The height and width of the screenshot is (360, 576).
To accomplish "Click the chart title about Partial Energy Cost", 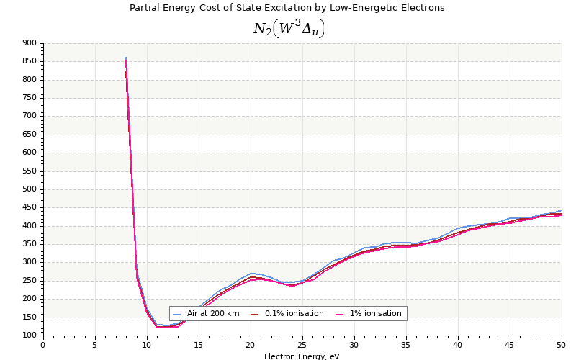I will point(287,8).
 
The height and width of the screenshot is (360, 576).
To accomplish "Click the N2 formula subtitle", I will point(288,29).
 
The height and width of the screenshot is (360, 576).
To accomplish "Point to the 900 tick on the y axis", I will point(29,43).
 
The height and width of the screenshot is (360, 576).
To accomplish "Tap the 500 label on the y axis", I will point(29,189).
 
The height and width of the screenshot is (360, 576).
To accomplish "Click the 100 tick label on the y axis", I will point(29,336).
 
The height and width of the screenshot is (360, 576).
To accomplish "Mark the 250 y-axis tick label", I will point(29,281).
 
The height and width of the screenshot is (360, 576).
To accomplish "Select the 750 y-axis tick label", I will point(29,98).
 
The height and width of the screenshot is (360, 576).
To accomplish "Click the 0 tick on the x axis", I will point(43,346).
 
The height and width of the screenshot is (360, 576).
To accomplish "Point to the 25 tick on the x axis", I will point(302,346).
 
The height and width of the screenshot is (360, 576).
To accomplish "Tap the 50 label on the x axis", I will point(562,346).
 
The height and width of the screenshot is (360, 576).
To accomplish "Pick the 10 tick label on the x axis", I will point(147,346).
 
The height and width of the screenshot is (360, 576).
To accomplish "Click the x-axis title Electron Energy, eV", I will point(302,356).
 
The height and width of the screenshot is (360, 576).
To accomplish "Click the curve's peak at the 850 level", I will point(126,58).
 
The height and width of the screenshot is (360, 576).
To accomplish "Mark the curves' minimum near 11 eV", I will point(158,326).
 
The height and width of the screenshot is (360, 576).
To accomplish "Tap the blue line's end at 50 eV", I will point(562,210).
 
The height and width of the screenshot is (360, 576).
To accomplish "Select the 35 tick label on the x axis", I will point(406,346).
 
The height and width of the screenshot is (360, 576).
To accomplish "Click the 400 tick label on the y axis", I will point(29,226).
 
